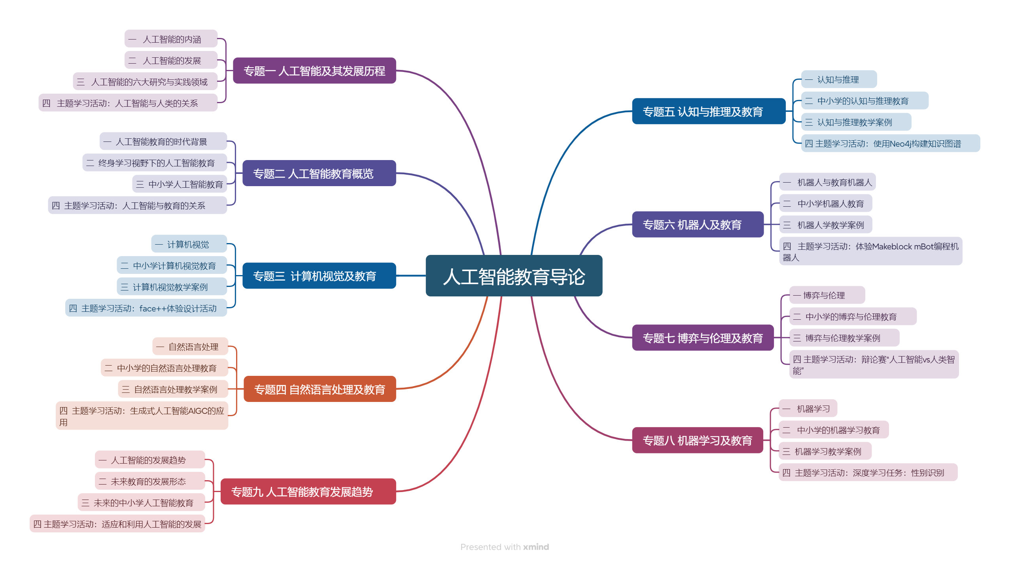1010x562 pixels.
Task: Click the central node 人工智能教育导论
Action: coord(514,276)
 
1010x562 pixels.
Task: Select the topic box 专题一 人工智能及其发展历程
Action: coord(314,71)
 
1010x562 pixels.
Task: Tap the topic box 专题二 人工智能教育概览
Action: coord(319,173)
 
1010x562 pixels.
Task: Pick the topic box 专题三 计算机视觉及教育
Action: coord(319,276)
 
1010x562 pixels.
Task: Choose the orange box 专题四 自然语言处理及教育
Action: coord(320,389)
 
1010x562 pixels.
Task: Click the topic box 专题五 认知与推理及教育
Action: coord(709,111)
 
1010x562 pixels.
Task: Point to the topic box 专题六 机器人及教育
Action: coord(698,224)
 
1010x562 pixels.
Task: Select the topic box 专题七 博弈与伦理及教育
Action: coord(703,338)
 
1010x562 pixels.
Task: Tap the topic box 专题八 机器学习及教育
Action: coord(698,440)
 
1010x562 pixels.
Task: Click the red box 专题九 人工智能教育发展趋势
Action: coord(308,492)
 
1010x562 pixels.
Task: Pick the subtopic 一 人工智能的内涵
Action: coord(171,39)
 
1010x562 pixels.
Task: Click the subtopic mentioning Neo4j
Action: coord(890,143)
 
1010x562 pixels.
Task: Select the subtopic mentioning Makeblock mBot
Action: coord(870,251)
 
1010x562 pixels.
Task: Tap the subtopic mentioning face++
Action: coord(146,308)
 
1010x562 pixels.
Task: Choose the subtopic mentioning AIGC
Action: coord(142,416)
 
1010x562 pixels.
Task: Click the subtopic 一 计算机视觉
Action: coord(189,244)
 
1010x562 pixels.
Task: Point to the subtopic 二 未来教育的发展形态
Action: coord(149,481)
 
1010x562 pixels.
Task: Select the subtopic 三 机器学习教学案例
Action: coord(825,451)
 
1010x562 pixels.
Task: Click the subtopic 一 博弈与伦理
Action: coord(827,295)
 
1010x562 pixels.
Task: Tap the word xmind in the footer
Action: coord(536,547)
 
